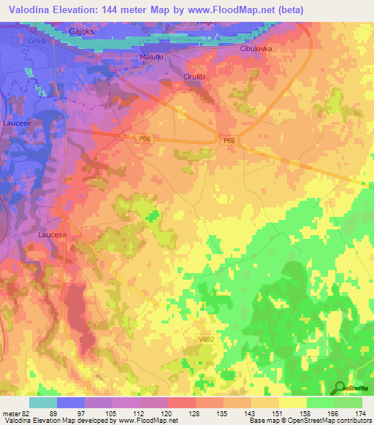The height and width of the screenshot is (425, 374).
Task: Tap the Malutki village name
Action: tap(153, 56)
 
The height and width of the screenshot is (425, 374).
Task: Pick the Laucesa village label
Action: tap(52, 235)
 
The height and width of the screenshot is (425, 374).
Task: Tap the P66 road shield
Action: tap(145, 137)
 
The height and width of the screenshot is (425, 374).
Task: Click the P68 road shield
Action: tap(229, 140)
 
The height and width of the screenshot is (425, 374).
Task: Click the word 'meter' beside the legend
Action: tap(10, 413)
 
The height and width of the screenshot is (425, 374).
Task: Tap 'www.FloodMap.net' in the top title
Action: tap(241, 9)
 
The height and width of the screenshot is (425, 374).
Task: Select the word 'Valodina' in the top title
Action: tap(29, 9)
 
